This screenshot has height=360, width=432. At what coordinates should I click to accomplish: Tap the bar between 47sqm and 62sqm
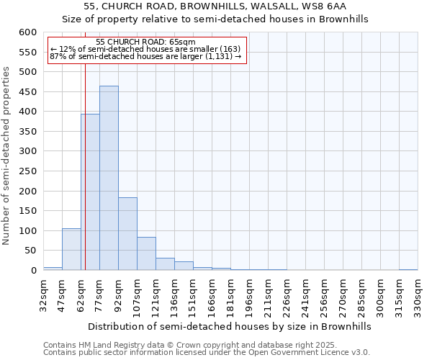[x=71, y=249]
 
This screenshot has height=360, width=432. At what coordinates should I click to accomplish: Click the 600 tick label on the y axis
[x=27, y=32]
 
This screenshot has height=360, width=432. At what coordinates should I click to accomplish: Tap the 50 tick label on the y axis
[x=30, y=251]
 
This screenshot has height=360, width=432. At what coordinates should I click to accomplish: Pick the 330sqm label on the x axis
[x=418, y=294]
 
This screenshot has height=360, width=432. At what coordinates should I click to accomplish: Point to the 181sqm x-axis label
[x=230, y=294]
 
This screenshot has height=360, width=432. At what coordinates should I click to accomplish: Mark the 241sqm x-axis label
[x=305, y=294]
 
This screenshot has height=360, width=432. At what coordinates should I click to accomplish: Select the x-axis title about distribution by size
[x=230, y=326]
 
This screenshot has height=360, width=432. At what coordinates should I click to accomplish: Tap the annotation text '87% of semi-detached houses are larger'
[x=145, y=57]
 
